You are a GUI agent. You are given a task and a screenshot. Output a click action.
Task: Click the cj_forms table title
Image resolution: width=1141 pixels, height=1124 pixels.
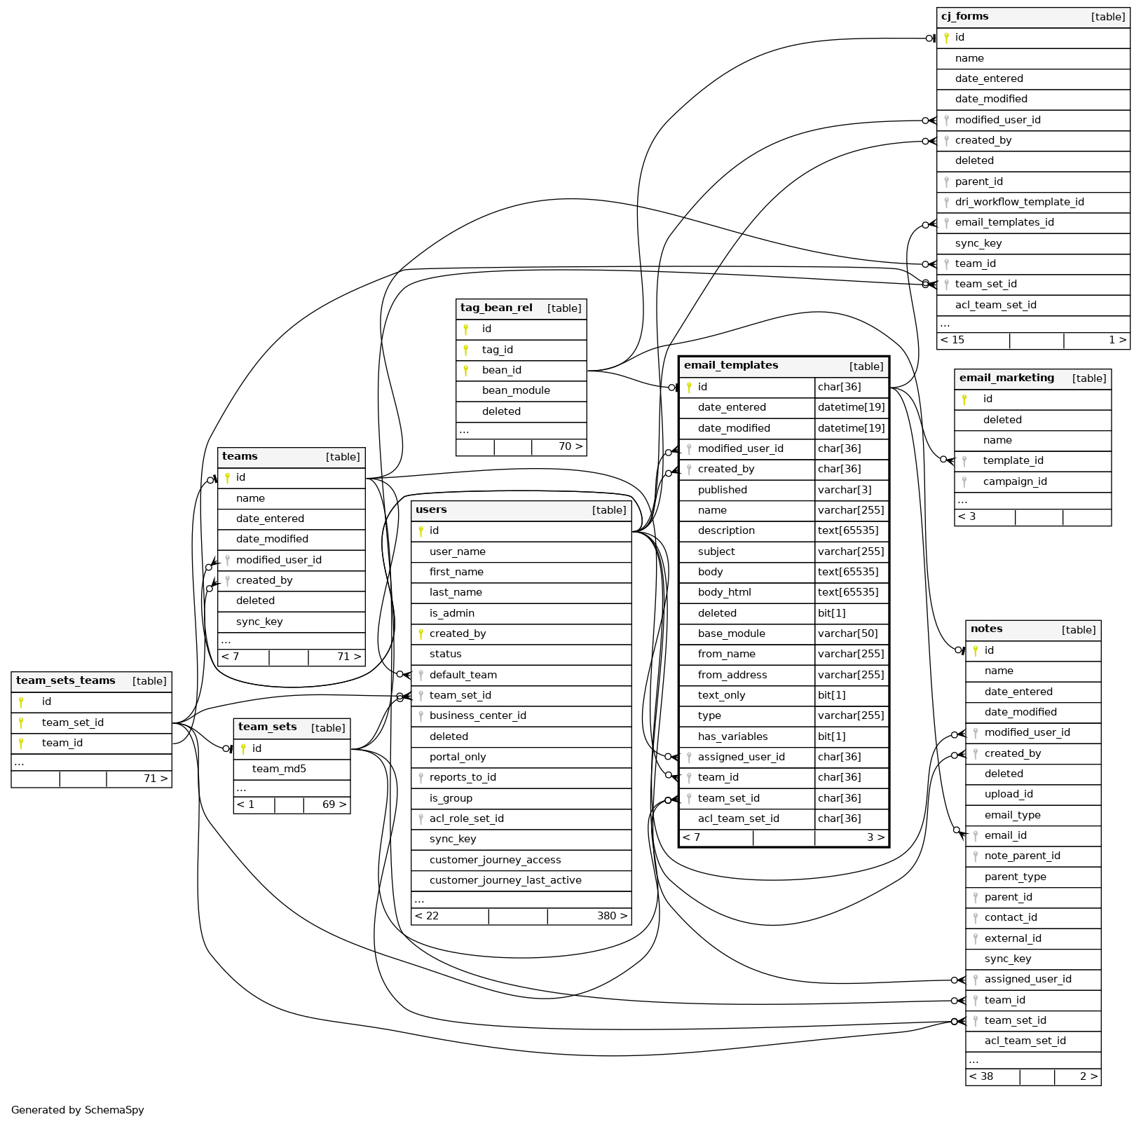click(964, 17)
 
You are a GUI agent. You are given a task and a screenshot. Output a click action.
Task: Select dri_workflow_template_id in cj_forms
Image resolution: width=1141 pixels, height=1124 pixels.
click(1019, 202)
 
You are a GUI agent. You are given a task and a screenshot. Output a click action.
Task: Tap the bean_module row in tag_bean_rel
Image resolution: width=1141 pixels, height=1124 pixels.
click(516, 390)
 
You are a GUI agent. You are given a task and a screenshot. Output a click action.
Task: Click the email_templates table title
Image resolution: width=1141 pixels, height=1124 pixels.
click(730, 365)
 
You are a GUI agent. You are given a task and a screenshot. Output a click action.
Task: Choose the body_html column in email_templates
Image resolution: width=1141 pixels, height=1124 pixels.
click(724, 592)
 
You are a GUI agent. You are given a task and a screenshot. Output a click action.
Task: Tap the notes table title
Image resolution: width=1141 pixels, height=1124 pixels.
click(986, 629)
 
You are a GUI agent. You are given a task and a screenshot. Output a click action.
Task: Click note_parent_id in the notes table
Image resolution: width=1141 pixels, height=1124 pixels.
click(1022, 856)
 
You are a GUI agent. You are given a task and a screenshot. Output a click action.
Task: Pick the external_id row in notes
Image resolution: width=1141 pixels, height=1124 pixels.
click(1013, 938)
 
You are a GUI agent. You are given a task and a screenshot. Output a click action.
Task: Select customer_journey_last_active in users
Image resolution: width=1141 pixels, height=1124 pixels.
click(505, 880)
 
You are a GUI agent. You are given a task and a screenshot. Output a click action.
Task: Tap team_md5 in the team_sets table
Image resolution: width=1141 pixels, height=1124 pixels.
click(279, 769)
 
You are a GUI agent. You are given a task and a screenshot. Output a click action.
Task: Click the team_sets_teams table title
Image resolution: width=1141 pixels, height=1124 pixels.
click(65, 680)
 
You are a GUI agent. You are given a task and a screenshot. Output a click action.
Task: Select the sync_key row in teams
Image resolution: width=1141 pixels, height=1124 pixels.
click(259, 622)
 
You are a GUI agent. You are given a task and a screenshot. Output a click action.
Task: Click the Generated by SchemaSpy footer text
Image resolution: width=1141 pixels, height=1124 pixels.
click(77, 1110)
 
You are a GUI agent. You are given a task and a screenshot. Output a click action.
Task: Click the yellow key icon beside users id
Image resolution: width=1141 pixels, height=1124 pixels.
click(421, 531)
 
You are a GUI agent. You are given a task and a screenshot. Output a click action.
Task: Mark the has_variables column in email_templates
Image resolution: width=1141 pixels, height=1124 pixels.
click(732, 736)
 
